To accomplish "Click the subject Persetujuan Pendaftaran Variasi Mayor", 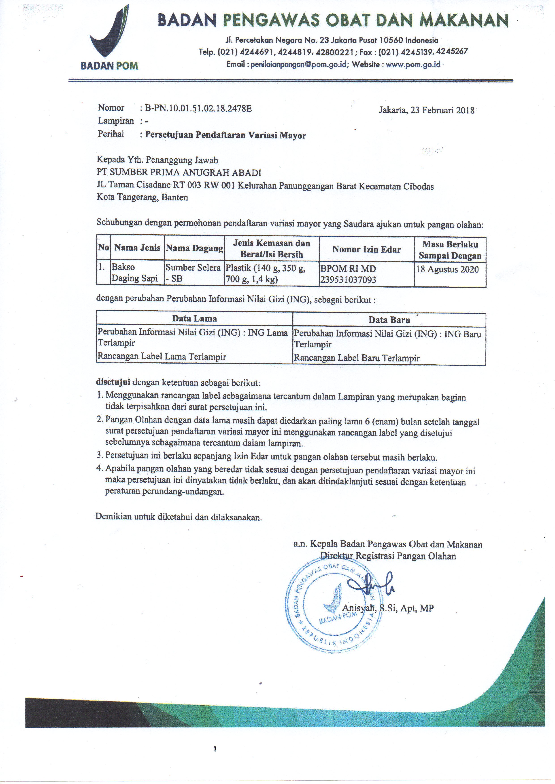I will point(225,135).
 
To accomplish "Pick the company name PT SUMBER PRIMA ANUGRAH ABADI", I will point(179,172).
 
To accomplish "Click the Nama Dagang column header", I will point(194,248).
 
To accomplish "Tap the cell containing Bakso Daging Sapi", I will point(135,273).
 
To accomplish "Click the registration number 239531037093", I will point(348,280).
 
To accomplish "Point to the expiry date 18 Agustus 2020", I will point(447,269).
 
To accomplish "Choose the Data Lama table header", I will point(194,319).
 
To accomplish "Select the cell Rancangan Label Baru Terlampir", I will point(356,358).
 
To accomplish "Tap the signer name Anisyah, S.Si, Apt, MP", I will point(388,608).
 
